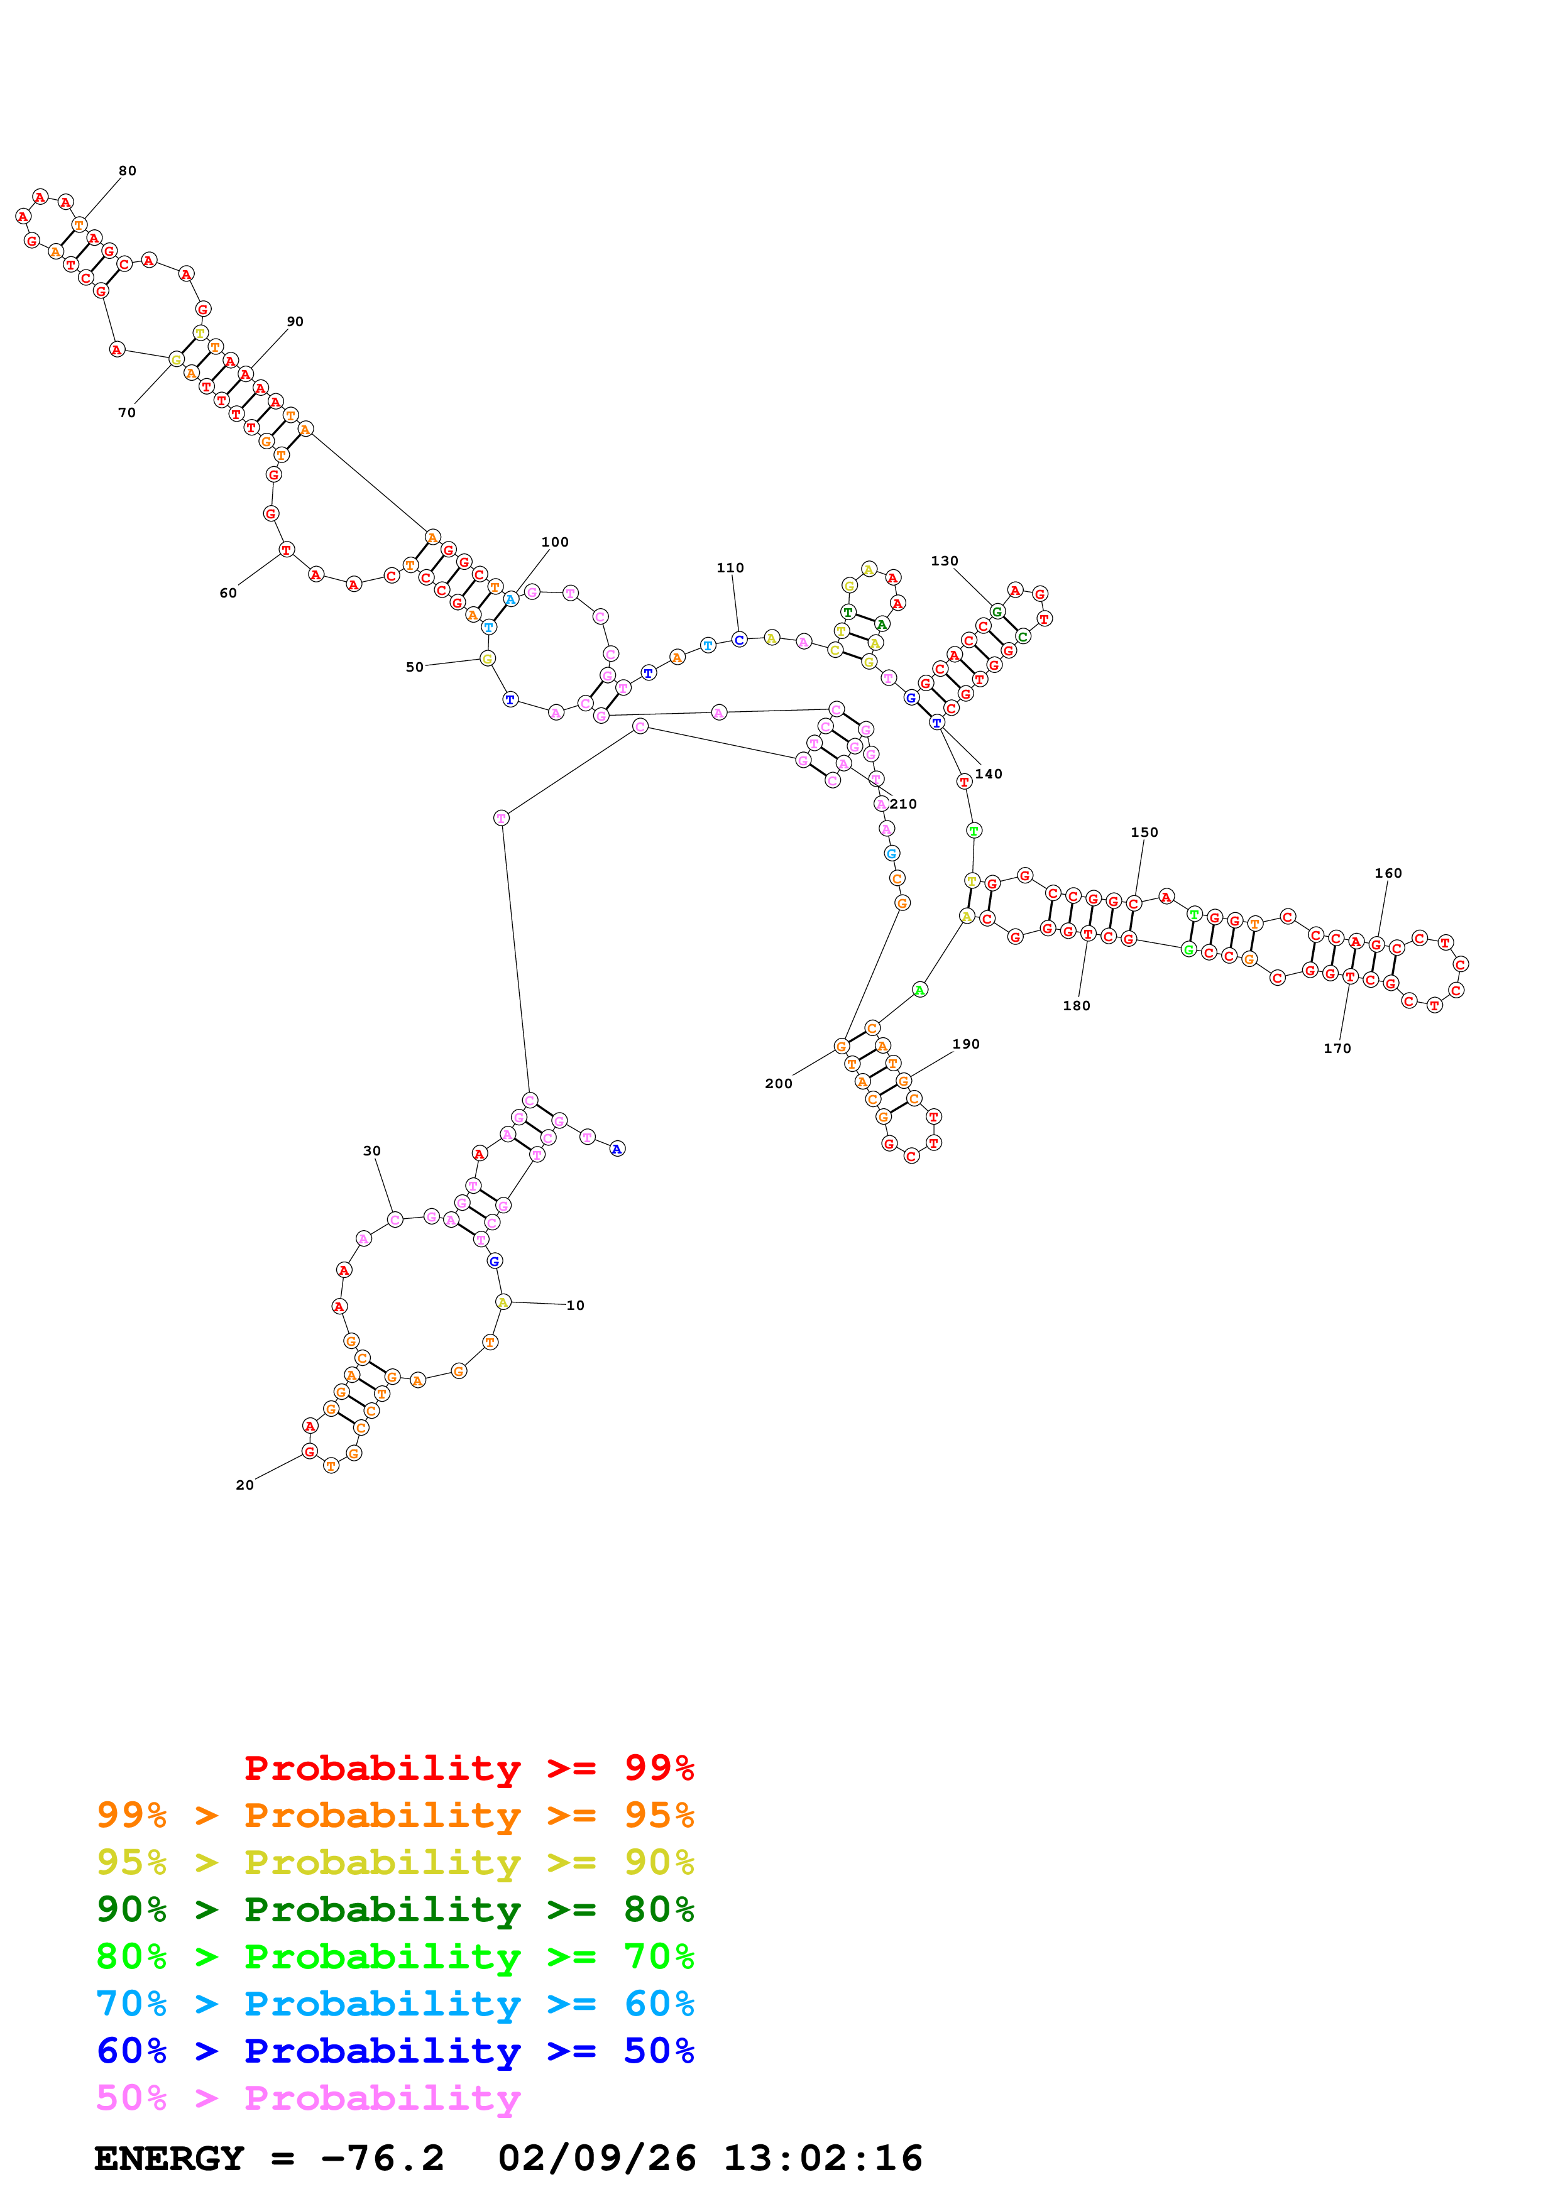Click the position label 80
128,171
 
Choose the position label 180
1076,1005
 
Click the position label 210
903,804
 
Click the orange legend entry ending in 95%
395,1814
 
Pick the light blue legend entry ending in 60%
395,2004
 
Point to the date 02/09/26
596,2158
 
